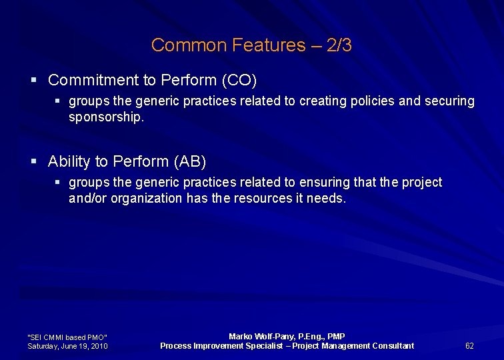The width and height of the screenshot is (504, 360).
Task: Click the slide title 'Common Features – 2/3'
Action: [x=251, y=45]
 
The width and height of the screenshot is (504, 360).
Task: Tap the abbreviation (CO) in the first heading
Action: [x=239, y=81]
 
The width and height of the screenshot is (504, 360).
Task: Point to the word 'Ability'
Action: [x=70, y=161]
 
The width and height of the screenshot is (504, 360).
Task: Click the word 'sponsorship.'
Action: [x=106, y=117]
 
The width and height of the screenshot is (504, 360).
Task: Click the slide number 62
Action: [x=469, y=345]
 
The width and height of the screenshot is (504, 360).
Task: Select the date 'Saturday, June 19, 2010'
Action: [x=67, y=346]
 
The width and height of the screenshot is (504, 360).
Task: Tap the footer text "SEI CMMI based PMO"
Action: [x=67, y=337]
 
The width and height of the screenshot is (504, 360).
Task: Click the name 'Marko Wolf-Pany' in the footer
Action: [x=257, y=337]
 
